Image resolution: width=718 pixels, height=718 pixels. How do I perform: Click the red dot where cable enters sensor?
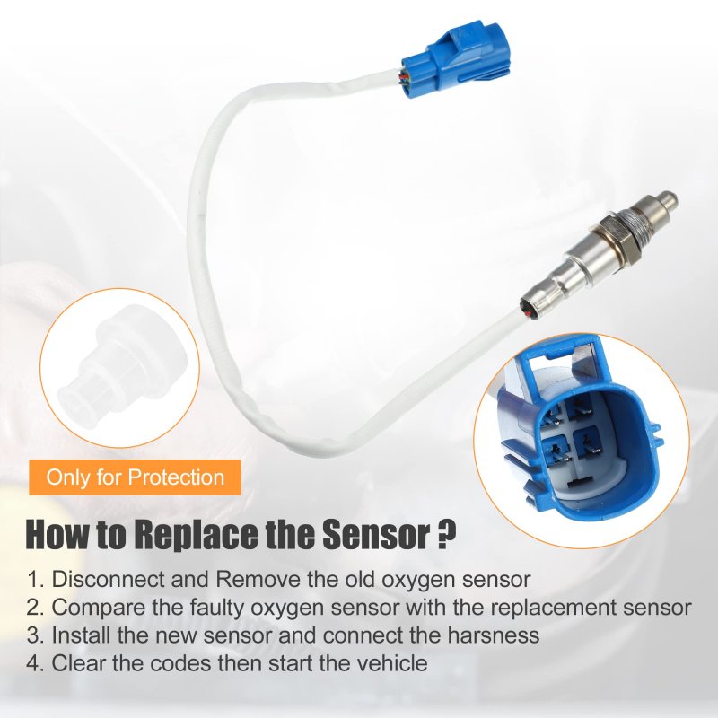[530, 313]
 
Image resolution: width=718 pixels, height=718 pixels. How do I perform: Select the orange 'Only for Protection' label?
[135, 477]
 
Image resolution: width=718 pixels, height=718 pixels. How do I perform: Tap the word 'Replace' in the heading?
[198, 534]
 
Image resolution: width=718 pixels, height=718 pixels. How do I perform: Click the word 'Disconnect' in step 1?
[109, 579]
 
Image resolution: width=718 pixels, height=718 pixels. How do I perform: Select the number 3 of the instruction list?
[33, 636]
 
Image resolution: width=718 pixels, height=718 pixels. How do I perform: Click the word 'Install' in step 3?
[81, 635]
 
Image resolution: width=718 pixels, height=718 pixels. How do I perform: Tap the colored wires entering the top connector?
[405, 77]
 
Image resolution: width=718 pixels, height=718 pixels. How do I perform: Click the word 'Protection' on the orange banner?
[176, 477]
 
